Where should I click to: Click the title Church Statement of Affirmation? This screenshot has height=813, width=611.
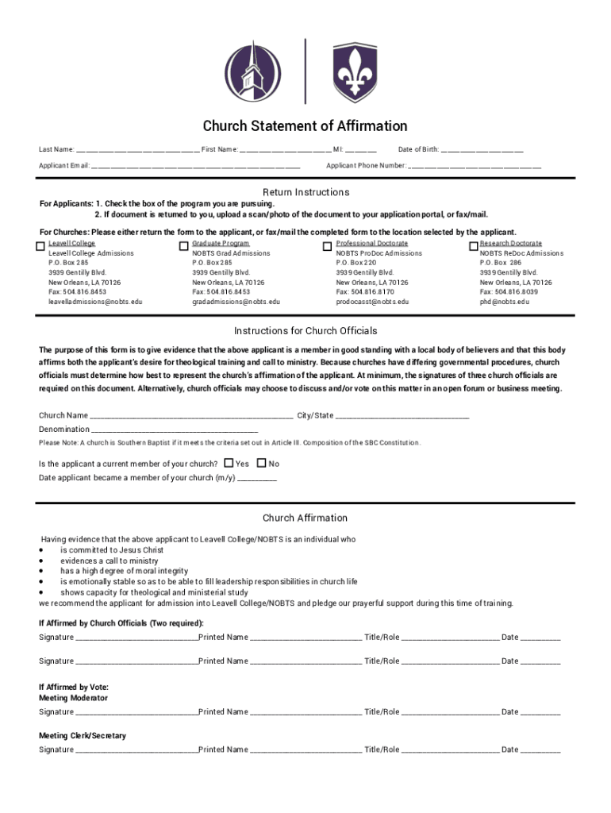click(305, 126)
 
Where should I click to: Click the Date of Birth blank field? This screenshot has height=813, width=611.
click(482, 150)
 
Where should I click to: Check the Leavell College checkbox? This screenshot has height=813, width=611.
click(41, 246)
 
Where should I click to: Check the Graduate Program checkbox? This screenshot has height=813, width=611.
click(185, 246)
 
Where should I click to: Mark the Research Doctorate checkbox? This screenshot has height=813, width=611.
click(474, 246)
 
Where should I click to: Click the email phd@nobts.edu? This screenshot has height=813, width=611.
click(504, 302)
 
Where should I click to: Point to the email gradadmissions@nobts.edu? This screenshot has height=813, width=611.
click(236, 302)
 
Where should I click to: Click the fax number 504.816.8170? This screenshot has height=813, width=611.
click(365, 292)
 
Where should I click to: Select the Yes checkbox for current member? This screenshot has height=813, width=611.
click(229, 463)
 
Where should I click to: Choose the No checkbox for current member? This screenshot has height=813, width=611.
click(261, 463)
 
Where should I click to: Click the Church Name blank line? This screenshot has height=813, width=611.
click(191, 416)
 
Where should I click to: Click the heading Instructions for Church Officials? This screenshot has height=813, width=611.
click(305, 331)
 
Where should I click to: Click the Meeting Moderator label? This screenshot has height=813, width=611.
click(73, 698)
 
